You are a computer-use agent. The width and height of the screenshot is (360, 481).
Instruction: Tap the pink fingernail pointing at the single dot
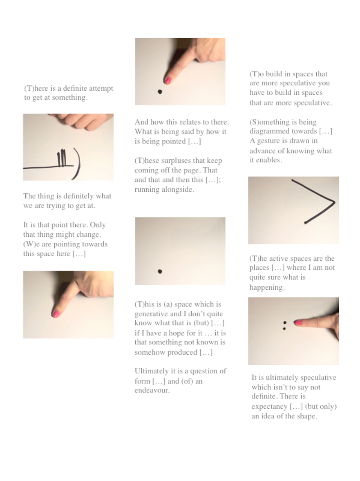167,81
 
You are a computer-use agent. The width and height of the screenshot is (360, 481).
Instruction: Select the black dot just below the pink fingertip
160,92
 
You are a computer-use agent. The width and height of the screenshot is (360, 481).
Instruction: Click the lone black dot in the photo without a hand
160,271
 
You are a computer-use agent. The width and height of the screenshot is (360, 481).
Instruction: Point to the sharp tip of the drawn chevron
334,202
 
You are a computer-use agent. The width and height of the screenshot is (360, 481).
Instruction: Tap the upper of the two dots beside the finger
285,323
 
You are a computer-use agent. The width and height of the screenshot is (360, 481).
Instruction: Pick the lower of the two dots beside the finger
284,328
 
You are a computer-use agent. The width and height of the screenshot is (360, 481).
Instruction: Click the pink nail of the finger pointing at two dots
298,322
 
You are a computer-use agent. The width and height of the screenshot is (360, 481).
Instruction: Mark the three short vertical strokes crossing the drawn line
62,158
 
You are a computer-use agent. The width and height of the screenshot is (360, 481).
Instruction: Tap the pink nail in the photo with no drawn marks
55,314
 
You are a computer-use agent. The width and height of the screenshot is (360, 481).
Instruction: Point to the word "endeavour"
152,390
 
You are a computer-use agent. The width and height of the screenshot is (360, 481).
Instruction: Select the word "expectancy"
269,407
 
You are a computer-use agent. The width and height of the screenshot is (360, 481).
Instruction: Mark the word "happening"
267,287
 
